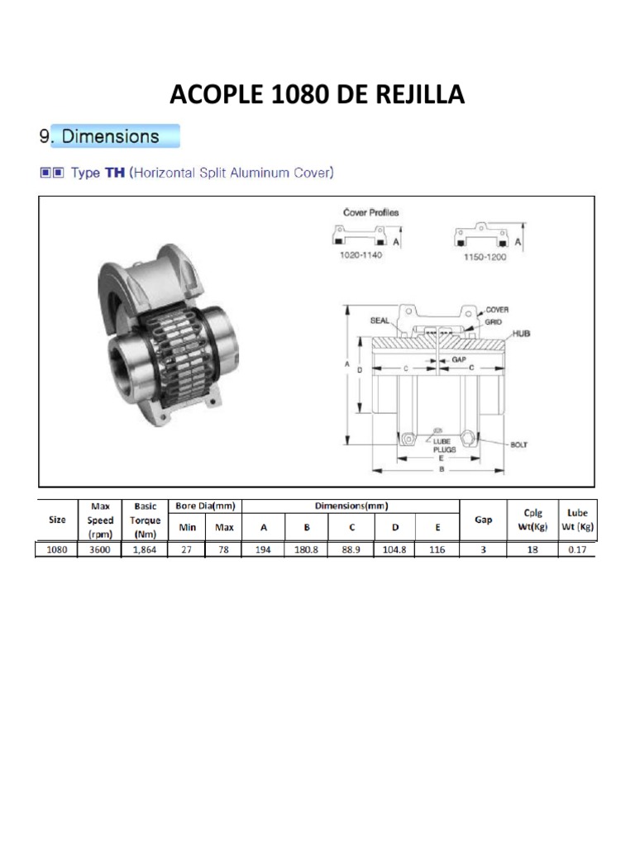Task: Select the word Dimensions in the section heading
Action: (110, 136)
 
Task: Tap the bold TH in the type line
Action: (114, 173)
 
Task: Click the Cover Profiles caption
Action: (371, 212)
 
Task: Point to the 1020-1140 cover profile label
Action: (360, 254)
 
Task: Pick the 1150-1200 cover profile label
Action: (485, 257)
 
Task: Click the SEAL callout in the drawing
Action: (380, 321)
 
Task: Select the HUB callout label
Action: (521, 334)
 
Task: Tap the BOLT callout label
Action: (519, 444)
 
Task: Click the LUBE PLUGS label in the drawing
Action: (444, 445)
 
